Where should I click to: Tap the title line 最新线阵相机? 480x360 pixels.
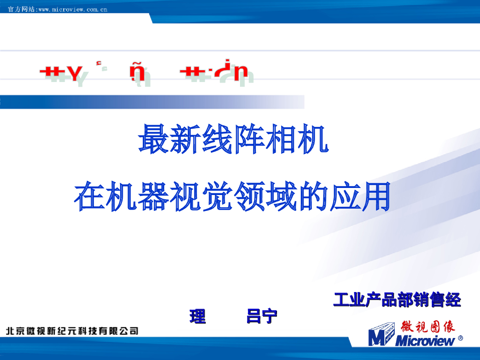pos(233,139)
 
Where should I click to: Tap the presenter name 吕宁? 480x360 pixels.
pos(262,317)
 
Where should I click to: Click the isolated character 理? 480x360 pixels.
pos(197,317)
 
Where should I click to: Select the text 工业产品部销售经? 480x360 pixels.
pos(397,300)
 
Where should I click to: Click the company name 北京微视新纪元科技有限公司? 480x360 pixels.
pos(72,331)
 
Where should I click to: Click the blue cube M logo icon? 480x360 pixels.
pos(382,334)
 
